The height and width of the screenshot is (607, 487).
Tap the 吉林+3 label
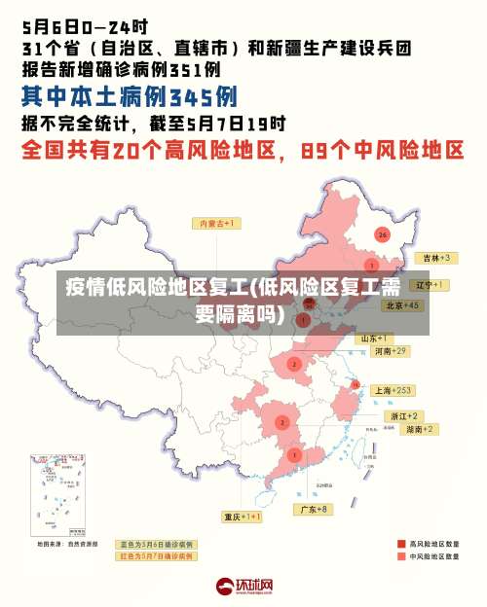point(433,258)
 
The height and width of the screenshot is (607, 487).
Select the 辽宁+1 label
point(430,285)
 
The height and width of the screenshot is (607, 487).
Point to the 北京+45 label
point(402,304)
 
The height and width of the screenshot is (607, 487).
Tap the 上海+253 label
point(393,390)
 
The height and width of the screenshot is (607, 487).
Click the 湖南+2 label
point(420,429)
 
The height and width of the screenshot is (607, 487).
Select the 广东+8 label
point(314,509)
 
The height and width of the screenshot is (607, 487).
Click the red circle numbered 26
point(382,234)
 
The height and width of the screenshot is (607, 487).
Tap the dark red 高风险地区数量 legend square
point(401,545)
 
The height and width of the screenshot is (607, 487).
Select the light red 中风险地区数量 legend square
point(401,557)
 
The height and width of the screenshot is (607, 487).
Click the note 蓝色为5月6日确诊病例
point(156,545)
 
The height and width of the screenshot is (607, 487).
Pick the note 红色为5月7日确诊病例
point(156,556)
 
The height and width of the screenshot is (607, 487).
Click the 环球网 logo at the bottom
point(243,587)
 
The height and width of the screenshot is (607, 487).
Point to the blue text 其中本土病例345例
point(130,97)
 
